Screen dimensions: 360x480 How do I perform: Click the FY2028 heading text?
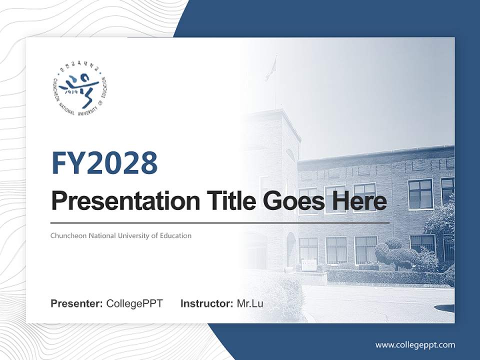(104, 163)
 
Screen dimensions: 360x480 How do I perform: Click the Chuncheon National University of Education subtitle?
(121, 235)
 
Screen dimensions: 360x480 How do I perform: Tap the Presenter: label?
(77, 303)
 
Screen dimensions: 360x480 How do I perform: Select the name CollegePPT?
(134, 303)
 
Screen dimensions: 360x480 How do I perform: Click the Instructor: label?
(206, 303)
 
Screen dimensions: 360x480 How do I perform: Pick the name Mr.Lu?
(250, 303)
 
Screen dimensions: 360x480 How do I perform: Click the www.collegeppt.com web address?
(415, 344)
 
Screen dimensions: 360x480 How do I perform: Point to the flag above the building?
(271, 68)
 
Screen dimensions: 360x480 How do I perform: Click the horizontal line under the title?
(220, 222)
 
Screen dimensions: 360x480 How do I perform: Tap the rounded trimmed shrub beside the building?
(395, 253)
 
